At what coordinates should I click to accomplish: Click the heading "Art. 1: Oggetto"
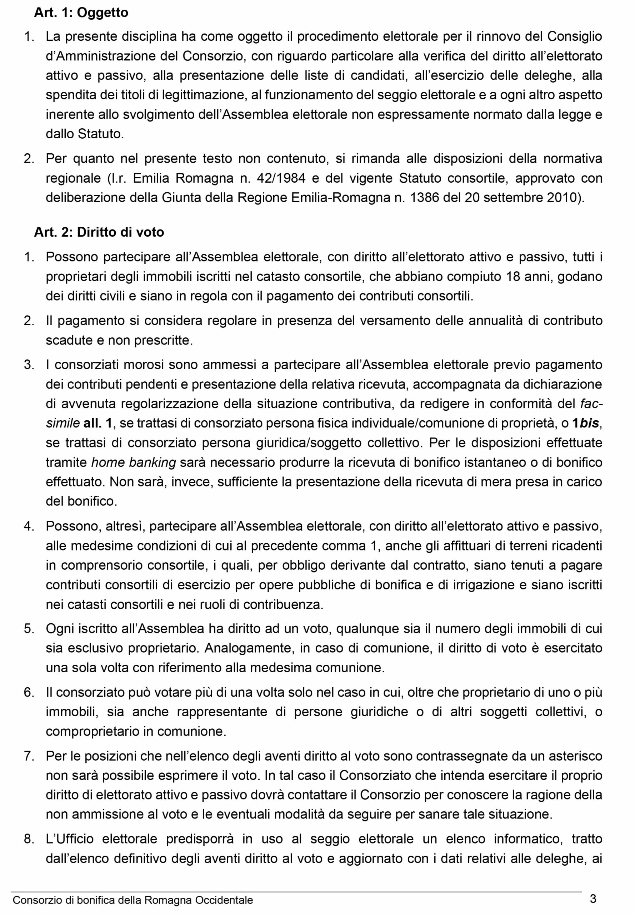pyautogui.click(x=81, y=13)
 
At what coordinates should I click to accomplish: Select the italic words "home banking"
pyautogui.click(x=134, y=462)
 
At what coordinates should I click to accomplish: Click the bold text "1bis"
pyautogui.click(x=585, y=423)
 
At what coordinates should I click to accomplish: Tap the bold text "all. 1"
pyautogui.click(x=98, y=423)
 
